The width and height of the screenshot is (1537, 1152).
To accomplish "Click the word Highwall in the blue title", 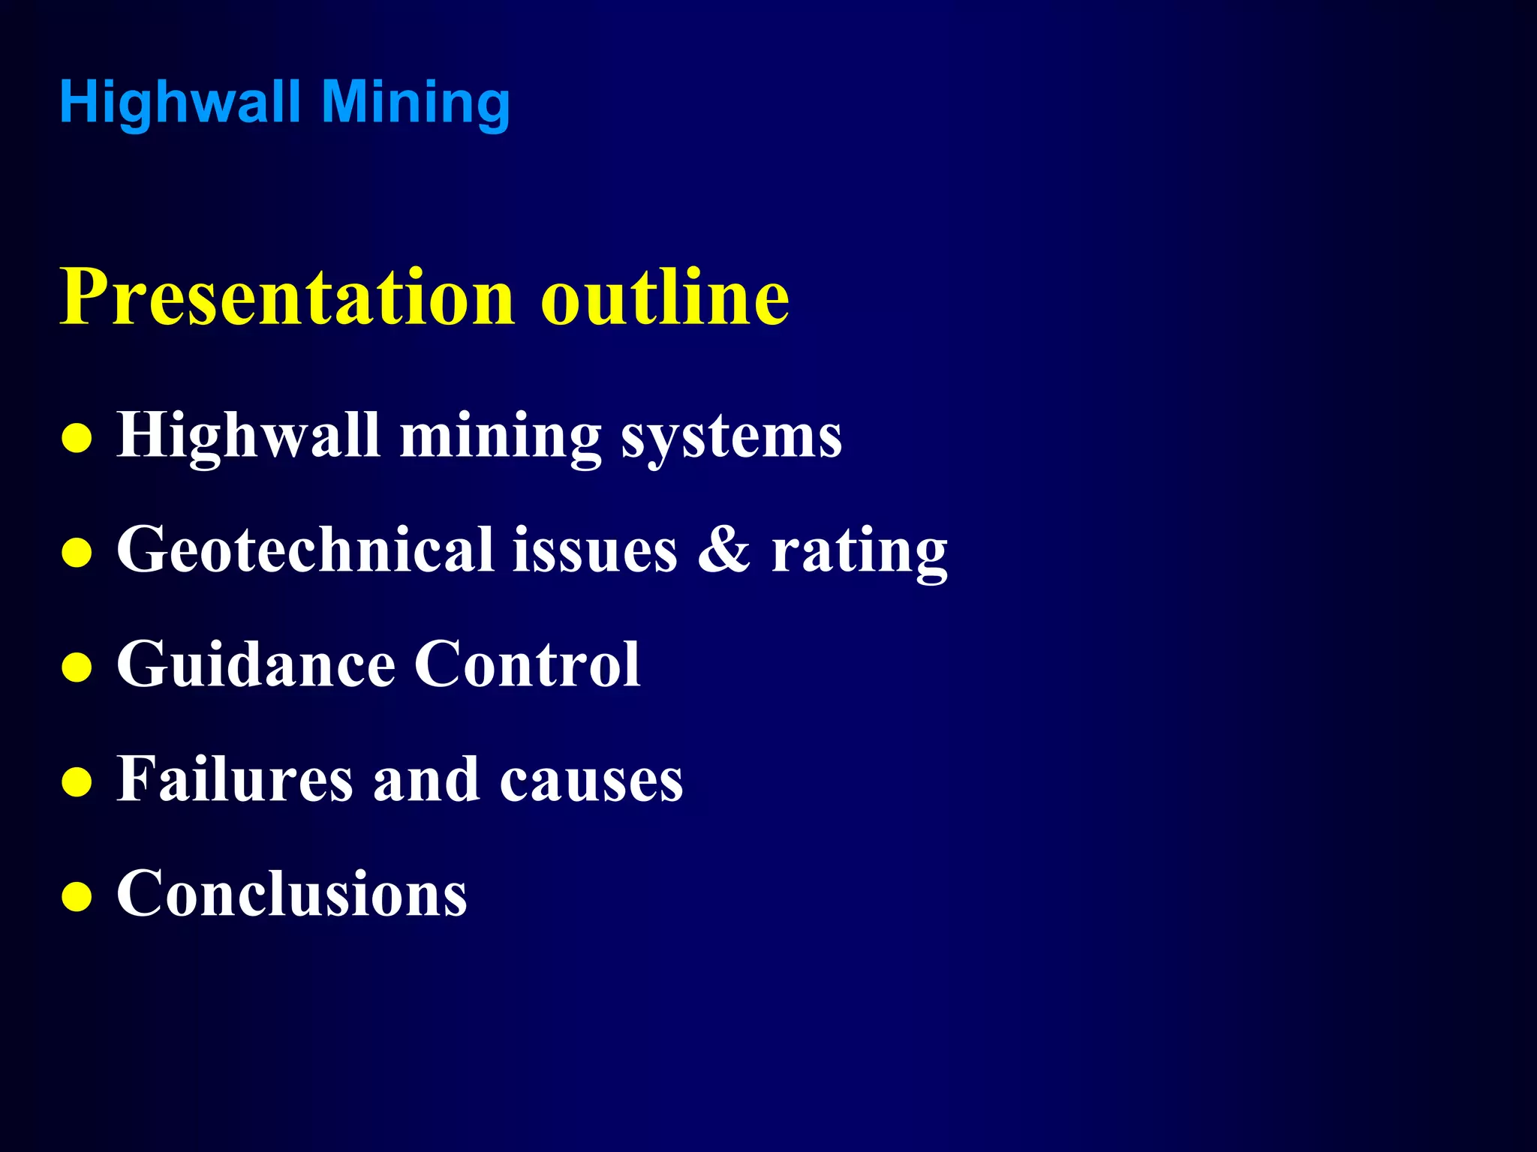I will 180,102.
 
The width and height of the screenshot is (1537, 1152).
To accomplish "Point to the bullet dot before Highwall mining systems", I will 77,439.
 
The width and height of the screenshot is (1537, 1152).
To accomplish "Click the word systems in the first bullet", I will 732,436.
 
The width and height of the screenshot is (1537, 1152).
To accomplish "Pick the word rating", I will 860,551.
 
